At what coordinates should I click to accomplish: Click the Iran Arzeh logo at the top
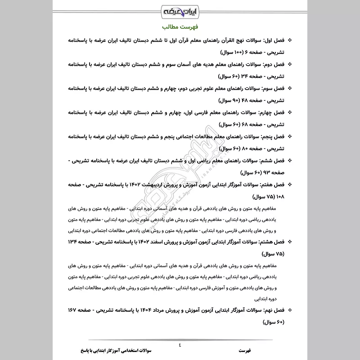click(180, 10)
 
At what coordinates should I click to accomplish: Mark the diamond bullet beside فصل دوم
click(289, 64)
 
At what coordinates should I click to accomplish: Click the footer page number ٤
click(180, 345)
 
